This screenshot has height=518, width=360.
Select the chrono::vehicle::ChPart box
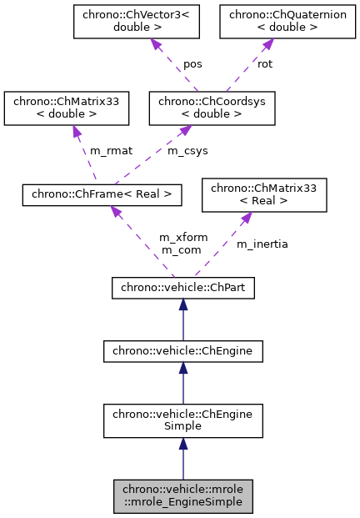[182, 289]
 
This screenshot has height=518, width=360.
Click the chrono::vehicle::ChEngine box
[182, 352]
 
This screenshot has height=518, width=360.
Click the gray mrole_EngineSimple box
[182, 495]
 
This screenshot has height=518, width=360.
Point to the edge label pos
[193, 63]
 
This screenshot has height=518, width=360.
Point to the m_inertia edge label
[262, 244]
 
